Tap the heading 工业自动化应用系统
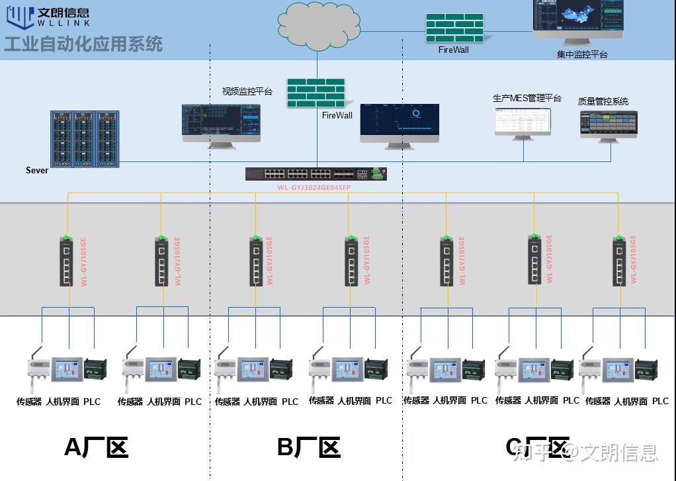point(83,44)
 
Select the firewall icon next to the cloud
point(454,28)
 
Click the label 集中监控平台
point(581,54)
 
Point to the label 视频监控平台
point(247,91)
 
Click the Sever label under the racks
point(37,170)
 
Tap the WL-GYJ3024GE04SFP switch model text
point(314,188)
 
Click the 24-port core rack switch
point(316,174)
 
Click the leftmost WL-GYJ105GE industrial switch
point(65,261)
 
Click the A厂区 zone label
point(95,447)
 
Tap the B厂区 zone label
point(308,447)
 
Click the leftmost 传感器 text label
point(29,402)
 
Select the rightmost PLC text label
point(660,401)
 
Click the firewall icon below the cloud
point(316,93)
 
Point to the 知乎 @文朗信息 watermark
point(586,452)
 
